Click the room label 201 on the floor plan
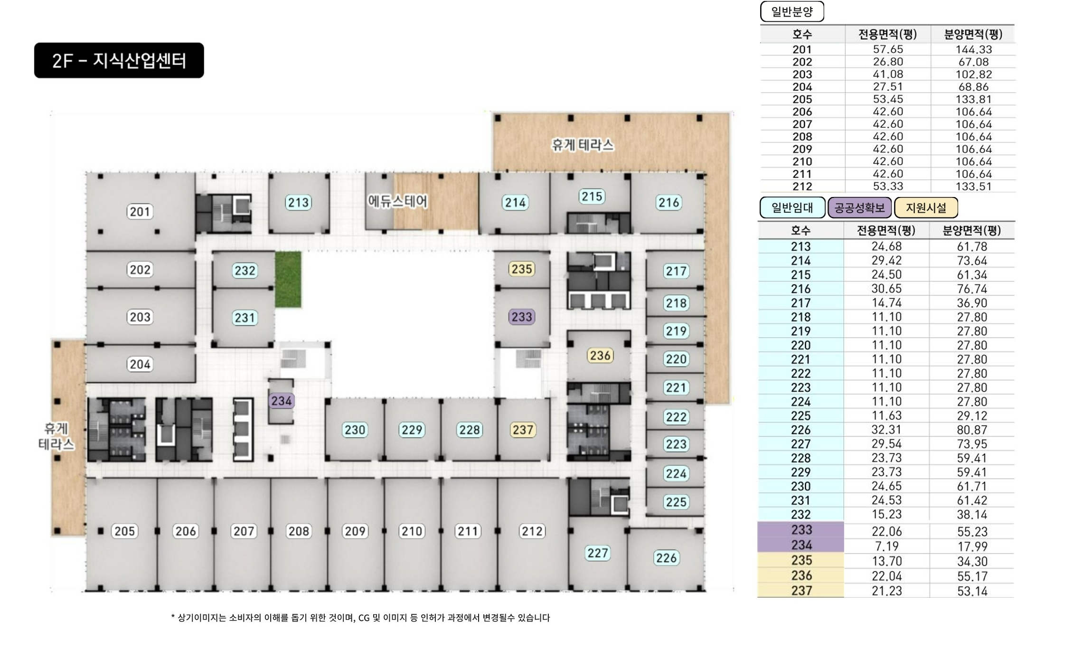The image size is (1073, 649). click(x=140, y=212)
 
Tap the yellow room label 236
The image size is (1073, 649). click(x=600, y=356)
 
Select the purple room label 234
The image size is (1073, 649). click(x=282, y=401)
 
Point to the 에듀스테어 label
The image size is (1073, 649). click(x=397, y=201)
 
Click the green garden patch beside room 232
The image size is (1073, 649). click(x=288, y=279)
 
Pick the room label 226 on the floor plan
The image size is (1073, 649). click(x=666, y=558)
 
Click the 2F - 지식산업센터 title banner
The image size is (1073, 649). click(x=119, y=60)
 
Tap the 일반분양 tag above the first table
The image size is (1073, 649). click(x=792, y=11)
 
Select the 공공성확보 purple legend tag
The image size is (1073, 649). click(x=859, y=208)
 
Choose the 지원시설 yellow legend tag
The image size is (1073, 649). click(x=926, y=208)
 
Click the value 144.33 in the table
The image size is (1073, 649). click(x=973, y=49)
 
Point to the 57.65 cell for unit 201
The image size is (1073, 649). click(x=888, y=49)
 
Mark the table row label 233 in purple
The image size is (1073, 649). click(x=801, y=530)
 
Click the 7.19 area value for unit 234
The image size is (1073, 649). click(x=886, y=546)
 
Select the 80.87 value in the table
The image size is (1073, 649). click(x=972, y=430)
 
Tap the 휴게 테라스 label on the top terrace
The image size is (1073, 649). click(x=583, y=145)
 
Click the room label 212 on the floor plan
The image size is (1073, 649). click(x=532, y=531)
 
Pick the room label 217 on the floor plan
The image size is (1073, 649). click(x=676, y=271)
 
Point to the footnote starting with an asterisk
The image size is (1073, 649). click(x=360, y=618)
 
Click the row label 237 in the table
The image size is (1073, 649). click(x=801, y=591)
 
